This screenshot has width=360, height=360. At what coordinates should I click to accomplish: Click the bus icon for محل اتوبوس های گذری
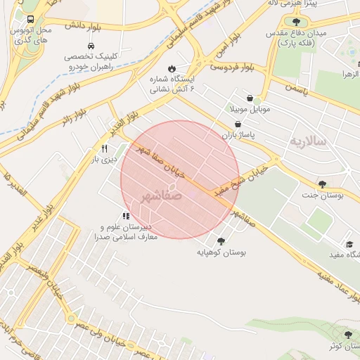click(30, 20)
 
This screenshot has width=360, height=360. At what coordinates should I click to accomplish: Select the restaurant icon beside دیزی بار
click(105, 148)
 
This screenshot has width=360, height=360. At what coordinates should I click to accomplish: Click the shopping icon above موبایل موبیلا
click(251, 98)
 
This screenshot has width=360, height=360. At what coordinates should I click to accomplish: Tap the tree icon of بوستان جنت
click(322, 184)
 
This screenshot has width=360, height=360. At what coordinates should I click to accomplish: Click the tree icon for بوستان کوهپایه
click(221, 240)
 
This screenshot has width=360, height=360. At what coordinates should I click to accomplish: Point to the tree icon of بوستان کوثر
click(347, 334)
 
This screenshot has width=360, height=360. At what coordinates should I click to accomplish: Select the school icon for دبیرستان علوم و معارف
click(126, 216)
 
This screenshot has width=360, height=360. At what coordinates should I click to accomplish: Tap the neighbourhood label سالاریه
click(308, 141)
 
